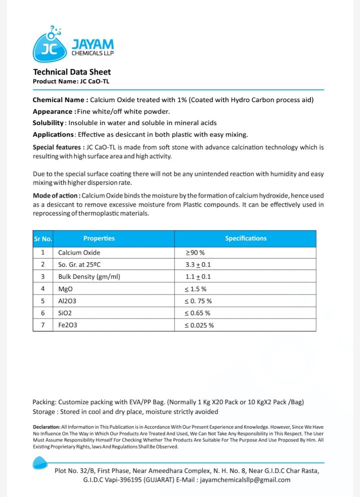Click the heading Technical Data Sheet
[72, 72]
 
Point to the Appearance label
[52, 111]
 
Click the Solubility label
[48, 123]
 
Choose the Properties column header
[99, 238]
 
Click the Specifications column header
[246, 238]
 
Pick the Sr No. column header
[43, 239]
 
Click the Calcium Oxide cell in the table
[79, 253]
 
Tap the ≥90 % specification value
[195, 253]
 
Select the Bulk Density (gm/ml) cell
[89, 277]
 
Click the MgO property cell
[65, 289]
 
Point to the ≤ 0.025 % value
[199, 325]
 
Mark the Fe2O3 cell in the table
[68, 325]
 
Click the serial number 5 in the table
[43, 301]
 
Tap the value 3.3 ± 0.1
[198, 265]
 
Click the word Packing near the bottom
[44, 402]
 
